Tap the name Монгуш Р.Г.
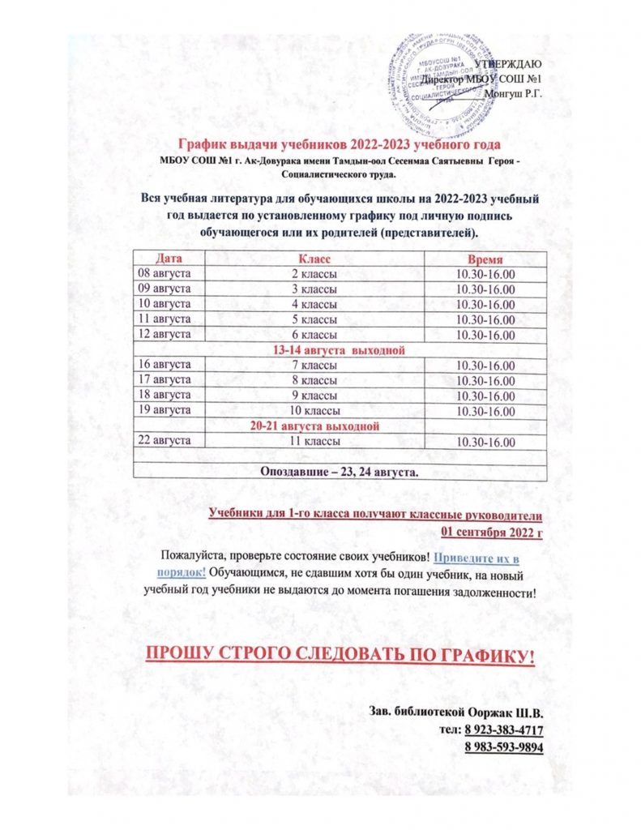pos(515,94)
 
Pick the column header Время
pos(485,260)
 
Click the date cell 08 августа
pos(165,274)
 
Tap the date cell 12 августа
pos(165,334)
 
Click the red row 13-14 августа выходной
pos(340,349)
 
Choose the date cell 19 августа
pos(165,410)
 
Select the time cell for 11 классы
pos(485,441)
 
